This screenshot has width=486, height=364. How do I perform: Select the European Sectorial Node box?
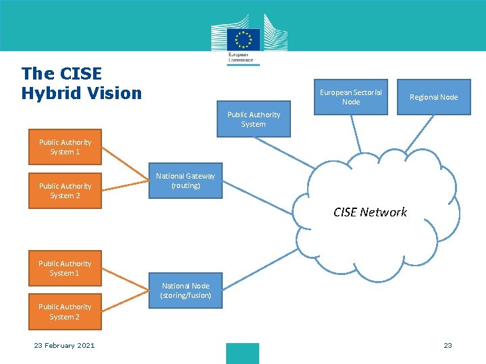tap(350, 97)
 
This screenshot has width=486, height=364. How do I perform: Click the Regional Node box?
tap(433, 97)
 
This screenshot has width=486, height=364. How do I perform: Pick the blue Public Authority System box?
tap(253, 119)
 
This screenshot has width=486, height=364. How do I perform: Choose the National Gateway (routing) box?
tap(186, 181)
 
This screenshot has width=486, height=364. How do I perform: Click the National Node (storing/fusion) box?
tap(186, 291)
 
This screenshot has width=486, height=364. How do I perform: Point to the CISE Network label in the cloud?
tap(370, 212)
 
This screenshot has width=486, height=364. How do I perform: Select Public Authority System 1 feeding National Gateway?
tap(65, 147)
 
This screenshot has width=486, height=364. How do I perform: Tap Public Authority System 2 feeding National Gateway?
tap(65, 191)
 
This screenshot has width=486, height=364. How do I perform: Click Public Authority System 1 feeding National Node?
tap(65, 268)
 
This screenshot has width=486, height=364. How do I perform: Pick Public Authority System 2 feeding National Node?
tap(65, 311)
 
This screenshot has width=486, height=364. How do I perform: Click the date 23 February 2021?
tap(65, 346)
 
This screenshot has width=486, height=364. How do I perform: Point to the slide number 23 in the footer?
tap(448, 346)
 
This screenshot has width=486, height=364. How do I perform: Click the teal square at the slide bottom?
tap(242, 353)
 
